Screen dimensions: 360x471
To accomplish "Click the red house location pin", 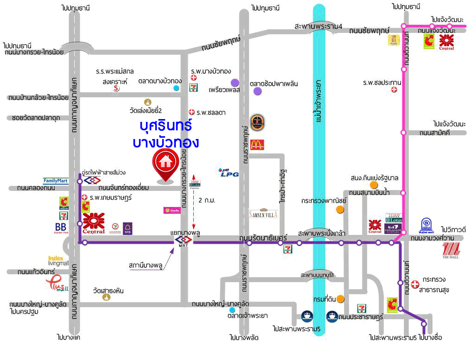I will tap(165, 164).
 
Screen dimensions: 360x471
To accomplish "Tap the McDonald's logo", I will tap(257, 144).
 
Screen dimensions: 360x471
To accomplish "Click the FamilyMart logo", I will tap(56, 181).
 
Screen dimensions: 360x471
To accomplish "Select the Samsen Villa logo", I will tap(263, 214).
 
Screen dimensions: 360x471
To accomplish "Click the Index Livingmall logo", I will tap(58, 260).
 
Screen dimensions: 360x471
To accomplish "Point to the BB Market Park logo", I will tap(60, 228).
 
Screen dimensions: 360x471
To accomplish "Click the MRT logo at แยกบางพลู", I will tap(183, 241).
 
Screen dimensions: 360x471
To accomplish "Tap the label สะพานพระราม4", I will tap(318, 26).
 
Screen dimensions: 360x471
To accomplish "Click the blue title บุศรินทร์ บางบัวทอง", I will tap(165, 134).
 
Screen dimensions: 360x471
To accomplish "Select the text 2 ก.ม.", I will tap(207, 201).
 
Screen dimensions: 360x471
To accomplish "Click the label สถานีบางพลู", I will tap(145, 265).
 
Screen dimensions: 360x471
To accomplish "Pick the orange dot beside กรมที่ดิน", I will tap(341, 299).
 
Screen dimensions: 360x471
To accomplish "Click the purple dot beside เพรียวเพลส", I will tap(235, 82).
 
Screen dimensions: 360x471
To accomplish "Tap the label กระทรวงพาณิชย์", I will tap(317, 201).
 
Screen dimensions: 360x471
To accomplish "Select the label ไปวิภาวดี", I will tap(452, 229).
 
